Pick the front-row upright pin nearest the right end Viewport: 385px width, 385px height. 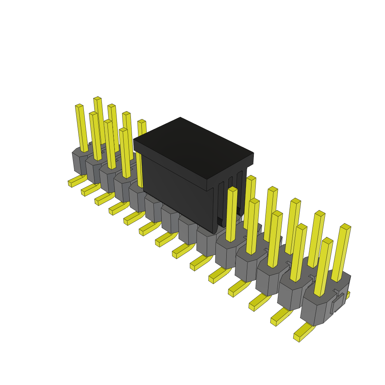(x=323, y=267)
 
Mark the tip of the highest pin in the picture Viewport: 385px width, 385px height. (x=97, y=99)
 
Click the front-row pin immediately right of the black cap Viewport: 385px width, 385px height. (x=232, y=214)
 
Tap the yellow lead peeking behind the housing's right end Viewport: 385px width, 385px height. (x=348, y=295)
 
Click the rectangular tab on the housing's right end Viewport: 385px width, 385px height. (x=337, y=304)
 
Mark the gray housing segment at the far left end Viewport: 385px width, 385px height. (x=79, y=162)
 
